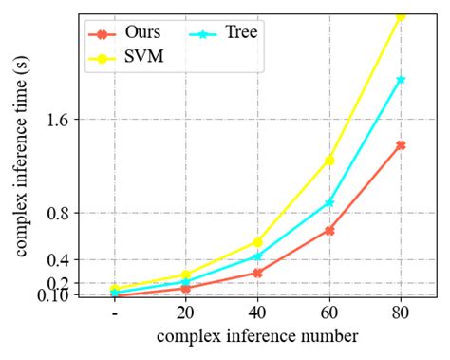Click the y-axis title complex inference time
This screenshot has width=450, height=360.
[20, 157]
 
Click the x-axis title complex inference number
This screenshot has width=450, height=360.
[257, 337]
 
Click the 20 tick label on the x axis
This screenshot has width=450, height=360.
[185, 314]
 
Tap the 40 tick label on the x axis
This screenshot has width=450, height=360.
[257, 314]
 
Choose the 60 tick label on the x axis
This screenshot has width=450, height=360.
[329, 314]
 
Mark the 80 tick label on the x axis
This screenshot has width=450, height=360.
[401, 314]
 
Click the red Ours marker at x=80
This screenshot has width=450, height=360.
[401, 145]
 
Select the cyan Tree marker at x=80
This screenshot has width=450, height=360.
[401, 80]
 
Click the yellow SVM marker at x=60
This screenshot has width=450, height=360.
[329, 160]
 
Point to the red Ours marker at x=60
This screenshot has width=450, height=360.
[329, 230]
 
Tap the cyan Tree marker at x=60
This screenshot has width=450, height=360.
[329, 202]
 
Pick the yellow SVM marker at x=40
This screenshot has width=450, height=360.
[257, 242]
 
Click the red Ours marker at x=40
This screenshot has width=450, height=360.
[257, 273]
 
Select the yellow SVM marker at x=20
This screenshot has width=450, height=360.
[185, 275]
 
